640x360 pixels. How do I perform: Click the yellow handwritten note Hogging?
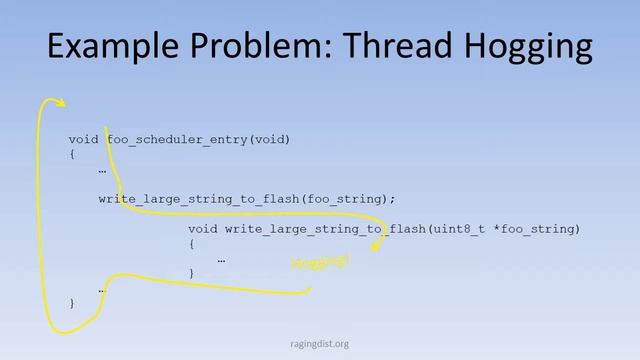pos(320,263)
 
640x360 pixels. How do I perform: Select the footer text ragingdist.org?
pos(319,344)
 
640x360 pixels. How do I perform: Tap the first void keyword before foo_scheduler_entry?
pos(84,139)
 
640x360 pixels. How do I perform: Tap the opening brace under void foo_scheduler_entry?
pos(72,154)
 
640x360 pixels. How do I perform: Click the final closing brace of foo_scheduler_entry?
pos(72,302)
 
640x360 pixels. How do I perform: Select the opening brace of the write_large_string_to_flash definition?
pos(191,244)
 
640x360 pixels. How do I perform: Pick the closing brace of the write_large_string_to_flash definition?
pos(191,273)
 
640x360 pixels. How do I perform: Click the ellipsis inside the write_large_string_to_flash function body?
pos(221,259)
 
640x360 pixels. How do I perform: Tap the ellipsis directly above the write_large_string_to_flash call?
pos(102,170)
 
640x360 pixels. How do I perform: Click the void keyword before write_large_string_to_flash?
pos(203,229)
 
